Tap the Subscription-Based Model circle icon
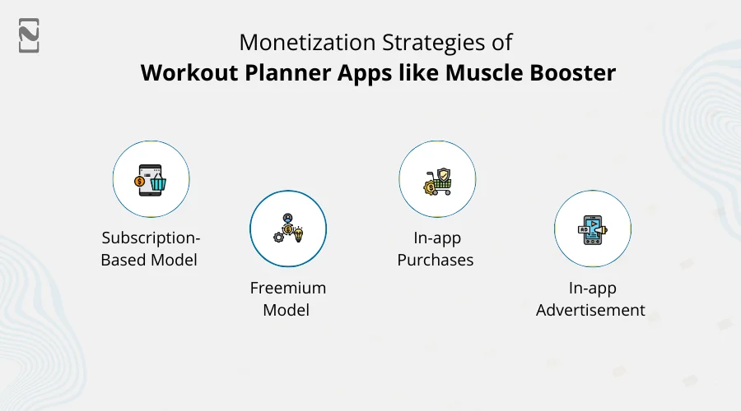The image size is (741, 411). click(x=151, y=179)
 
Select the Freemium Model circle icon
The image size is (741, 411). click(x=288, y=229)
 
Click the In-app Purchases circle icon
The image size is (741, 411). click(x=437, y=179)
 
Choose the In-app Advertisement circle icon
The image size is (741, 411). click(x=592, y=229)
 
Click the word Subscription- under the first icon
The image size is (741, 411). click(x=151, y=238)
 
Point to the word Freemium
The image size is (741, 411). click(x=288, y=289)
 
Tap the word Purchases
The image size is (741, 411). click(x=436, y=260)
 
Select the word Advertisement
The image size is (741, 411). click(x=590, y=311)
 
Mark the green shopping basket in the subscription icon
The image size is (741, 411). click(x=156, y=182)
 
